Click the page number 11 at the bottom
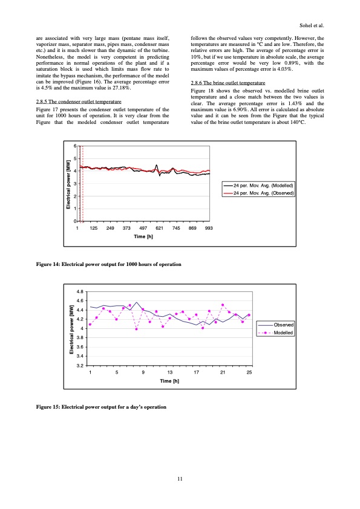coord(180,479)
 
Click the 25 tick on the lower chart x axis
coord(249,372)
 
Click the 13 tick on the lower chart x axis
coord(170,372)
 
